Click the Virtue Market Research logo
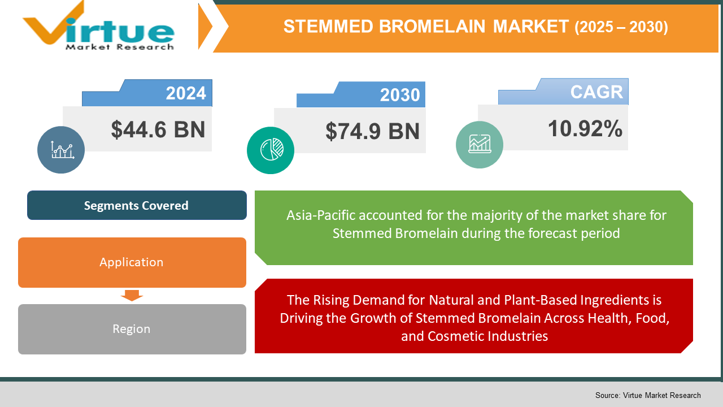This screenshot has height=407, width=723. click(x=98, y=26)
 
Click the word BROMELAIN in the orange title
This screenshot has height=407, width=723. click(x=432, y=27)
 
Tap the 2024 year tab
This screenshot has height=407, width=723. click(x=147, y=93)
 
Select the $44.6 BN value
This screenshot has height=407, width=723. click(x=158, y=129)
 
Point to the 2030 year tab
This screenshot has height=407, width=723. click(x=361, y=94)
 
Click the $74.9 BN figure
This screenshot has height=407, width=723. click(x=372, y=131)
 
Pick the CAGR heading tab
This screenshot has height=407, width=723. click(x=563, y=92)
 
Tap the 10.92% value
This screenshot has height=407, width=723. click(x=585, y=128)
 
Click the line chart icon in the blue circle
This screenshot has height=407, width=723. click(x=62, y=150)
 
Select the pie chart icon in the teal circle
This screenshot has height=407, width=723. click(x=272, y=150)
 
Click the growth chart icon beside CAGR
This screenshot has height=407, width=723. click(x=480, y=144)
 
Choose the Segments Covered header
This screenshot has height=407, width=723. click(x=137, y=205)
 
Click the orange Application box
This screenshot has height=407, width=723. click(x=132, y=262)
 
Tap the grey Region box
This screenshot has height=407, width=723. click(x=132, y=329)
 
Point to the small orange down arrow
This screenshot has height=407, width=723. click(x=132, y=295)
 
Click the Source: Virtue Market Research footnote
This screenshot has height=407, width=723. click(x=648, y=395)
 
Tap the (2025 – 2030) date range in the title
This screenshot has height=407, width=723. click(x=621, y=27)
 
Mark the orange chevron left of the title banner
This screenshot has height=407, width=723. click(x=206, y=27)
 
